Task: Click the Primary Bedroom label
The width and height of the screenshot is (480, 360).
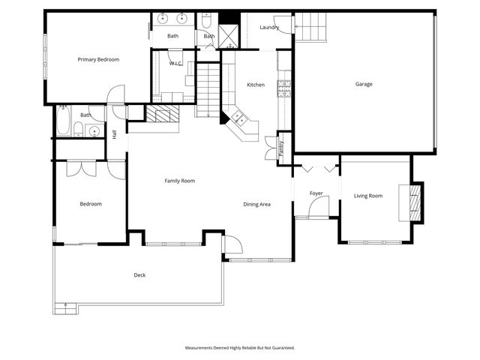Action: pyautogui.click(x=98, y=59)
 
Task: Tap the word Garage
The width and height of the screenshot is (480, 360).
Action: pyautogui.click(x=364, y=84)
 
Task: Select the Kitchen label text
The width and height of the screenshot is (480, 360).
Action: pyautogui.click(x=256, y=85)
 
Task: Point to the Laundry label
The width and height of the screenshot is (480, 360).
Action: pyautogui.click(x=269, y=27)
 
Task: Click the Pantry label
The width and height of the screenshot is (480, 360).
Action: pyautogui.click(x=281, y=144)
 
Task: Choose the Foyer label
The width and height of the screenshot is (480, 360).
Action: pyautogui.click(x=316, y=193)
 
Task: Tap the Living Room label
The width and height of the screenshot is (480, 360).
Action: pyautogui.click(x=368, y=196)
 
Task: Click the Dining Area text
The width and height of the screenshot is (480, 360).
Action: pyautogui.click(x=256, y=204)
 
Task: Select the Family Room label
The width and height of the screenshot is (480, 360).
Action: pyautogui.click(x=180, y=181)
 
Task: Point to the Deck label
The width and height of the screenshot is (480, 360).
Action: pyautogui.click(x=139, y=275)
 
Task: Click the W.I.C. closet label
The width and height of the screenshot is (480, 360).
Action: pyautogui.click(x=175, y=64)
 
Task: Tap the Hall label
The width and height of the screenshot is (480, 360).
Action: pyautogui.click(x=115, y=135)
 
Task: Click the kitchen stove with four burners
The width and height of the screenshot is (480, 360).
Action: pyautogui.click(x=284, y=88)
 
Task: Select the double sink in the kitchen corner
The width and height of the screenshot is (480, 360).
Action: pyautogui.click(x=241, y=118)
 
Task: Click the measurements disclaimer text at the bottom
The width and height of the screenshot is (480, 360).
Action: pyautogui.click(x=240, y=348)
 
